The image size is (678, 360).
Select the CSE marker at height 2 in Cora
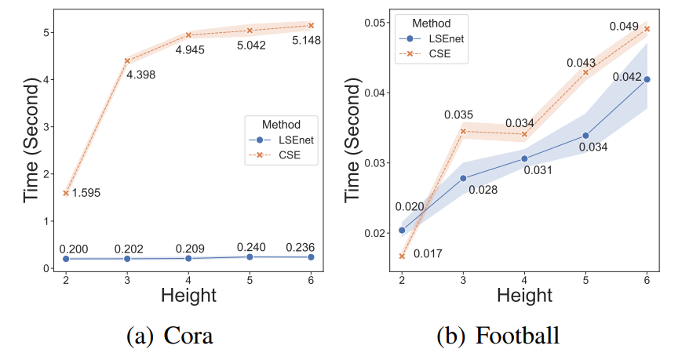[65, 192]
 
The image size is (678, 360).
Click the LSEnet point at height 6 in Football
[647, 79]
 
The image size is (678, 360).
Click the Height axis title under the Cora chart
[189, 296]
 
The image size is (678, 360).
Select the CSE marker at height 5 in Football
[585, 72]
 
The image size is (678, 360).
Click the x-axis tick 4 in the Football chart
[524, 279]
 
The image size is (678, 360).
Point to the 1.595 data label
[87, 193]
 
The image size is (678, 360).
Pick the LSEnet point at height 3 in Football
[463, 179]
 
